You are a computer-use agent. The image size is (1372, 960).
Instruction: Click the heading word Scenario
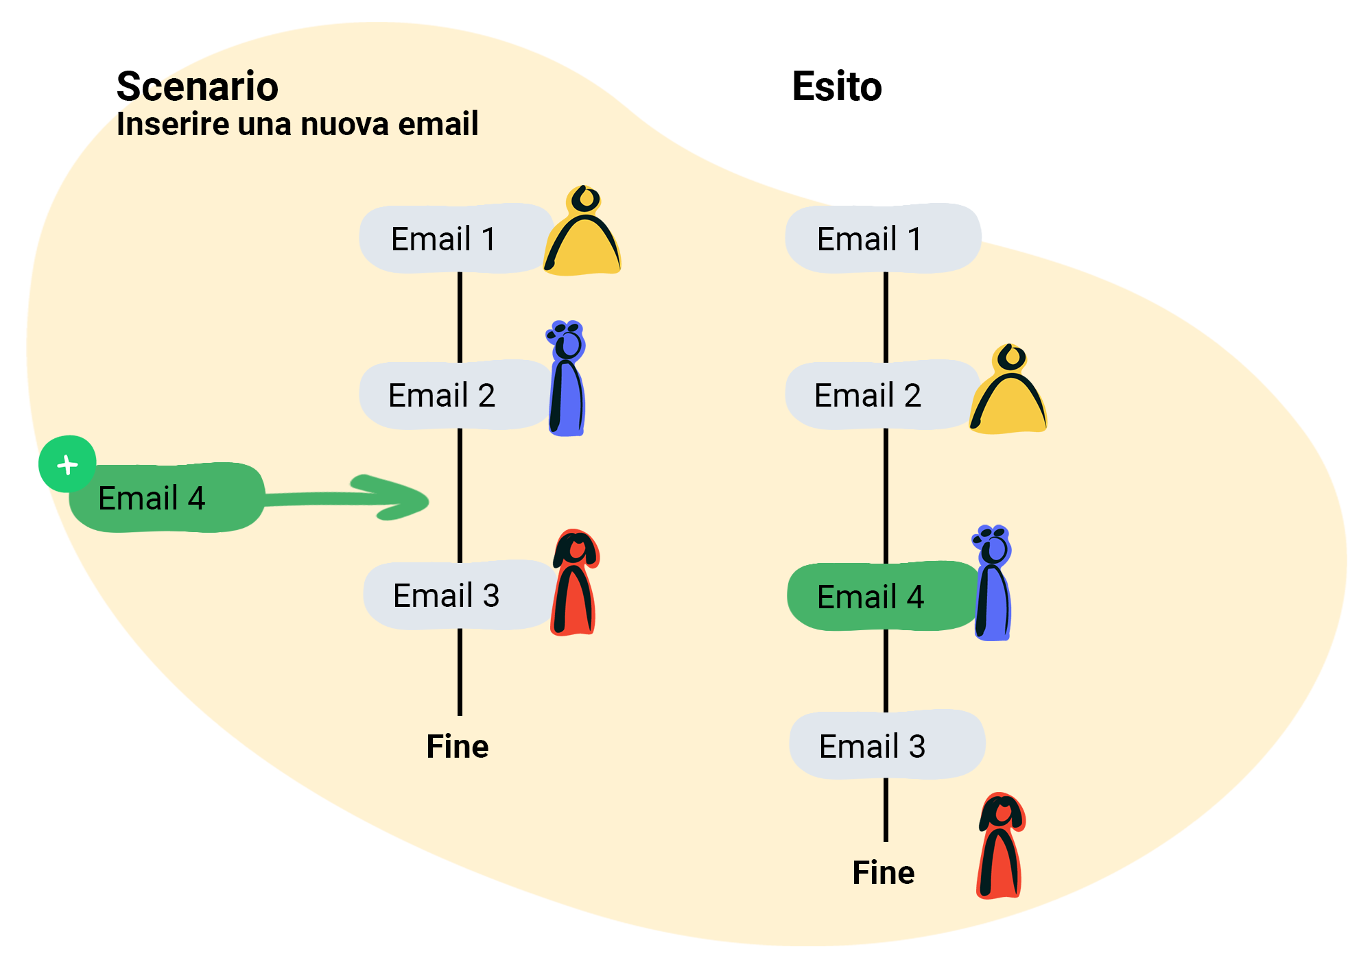pyautogui.click(x=198, y=86)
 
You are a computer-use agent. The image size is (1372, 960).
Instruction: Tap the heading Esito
pyautogui.click(x=837, y=86)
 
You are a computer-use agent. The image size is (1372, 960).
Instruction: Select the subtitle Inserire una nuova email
pyautogui.click(x=297, y=124)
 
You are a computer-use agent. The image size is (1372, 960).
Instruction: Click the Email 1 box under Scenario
pyautogui.click(x=456, y=238)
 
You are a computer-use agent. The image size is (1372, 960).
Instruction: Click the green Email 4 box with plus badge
pyautogui.click(x=167, y=498)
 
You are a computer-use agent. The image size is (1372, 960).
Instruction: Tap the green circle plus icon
pyautogui.click(x=67, y=464)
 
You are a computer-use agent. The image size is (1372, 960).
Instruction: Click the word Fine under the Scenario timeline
pyautogui.click(x=458, y=746)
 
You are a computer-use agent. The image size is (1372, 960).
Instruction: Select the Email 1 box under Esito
pyautogui.click(x=883, y=238)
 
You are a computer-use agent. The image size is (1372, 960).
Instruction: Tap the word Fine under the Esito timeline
pyautogui.click(x=884, y=873)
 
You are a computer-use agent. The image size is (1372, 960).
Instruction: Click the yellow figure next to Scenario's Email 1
pyautogui.click(x=582, y=231)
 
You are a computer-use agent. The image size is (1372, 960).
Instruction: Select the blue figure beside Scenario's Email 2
pyautogui.click(x=567, y=378)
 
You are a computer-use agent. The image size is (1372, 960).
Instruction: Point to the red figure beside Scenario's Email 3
pyautogui.click(x=575, y=582)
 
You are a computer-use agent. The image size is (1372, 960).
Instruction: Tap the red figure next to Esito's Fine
pyautogui.click(x=1001, y=845)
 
